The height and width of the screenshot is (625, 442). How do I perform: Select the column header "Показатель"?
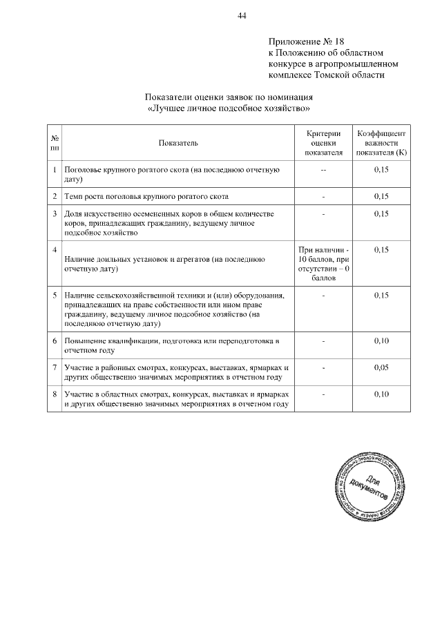[177, 143]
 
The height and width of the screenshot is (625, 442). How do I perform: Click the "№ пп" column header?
[55, 143]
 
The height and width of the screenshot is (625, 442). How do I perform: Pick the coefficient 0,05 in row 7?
[381, 367]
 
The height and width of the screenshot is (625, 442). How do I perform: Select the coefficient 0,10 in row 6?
[381, 340]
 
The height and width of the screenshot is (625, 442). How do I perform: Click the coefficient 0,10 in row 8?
[381, 394]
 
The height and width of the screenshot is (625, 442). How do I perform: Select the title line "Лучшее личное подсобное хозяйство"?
[224, 108]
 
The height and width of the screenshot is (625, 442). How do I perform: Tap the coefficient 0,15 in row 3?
[381, 215]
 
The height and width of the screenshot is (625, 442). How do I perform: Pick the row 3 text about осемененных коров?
[169, 224]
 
